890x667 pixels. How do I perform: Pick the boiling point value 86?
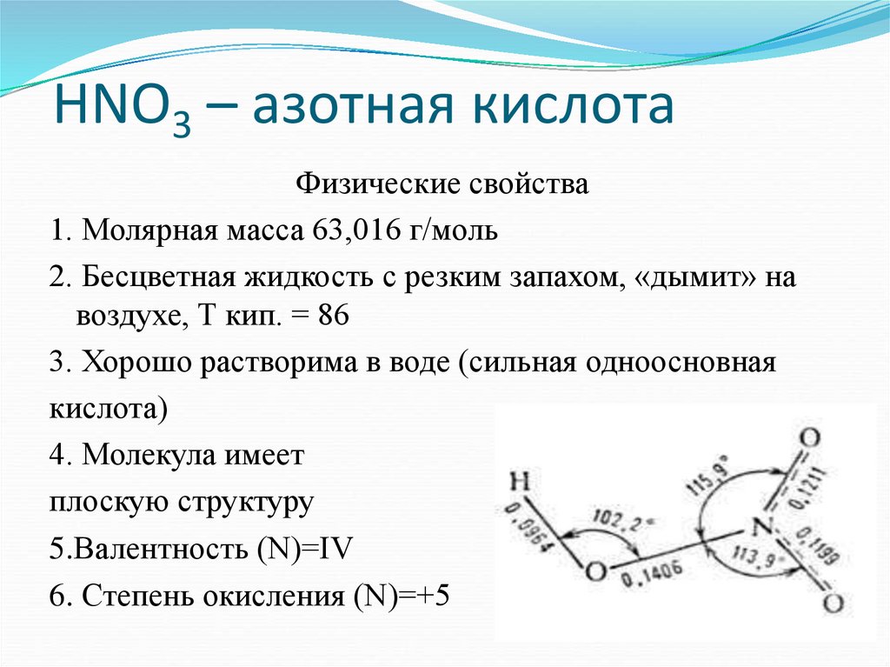(x=334, y=316)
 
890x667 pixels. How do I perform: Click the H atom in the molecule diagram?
(x=519, y=482)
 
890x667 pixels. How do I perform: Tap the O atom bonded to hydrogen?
(x=594, y=572)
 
